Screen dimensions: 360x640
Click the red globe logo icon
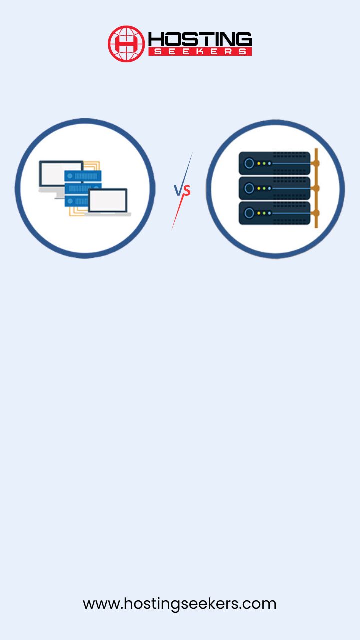pos(126,44)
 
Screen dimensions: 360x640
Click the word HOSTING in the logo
pos(200,39)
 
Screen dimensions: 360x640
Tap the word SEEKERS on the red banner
pos(200,51)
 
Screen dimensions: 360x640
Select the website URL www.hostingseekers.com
pos(179,604)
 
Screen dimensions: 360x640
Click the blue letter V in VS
pos(178,191)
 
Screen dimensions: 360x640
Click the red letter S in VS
pos(187,191)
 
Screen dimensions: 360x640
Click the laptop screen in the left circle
pos(108,200)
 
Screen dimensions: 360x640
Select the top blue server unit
pos(83,176)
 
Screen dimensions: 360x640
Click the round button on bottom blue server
pos(70,201)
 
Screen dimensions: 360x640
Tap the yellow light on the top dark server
pos(259,163)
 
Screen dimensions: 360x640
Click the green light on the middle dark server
pos(264,188)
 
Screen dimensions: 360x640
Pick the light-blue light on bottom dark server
pos(269,213)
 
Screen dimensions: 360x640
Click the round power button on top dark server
pos(249,163)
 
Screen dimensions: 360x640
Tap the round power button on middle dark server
pos(249,188)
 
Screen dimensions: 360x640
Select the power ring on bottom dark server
pos(249,213)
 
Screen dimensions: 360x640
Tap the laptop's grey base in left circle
pos(108,214)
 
